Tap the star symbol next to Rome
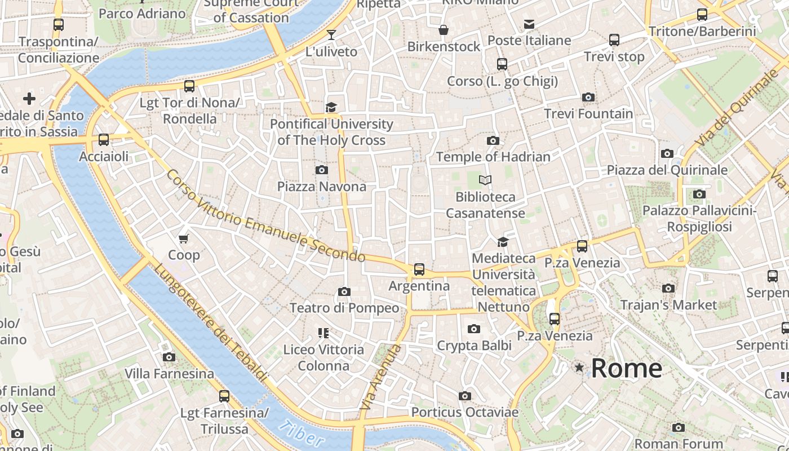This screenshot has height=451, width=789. tap(579, 368)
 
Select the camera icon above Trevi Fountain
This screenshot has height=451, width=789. tap(588, 98)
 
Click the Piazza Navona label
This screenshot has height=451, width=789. tap(321, 186)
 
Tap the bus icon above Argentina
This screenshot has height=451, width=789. tap(419, 269)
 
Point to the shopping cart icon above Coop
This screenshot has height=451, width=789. tap(183, 239)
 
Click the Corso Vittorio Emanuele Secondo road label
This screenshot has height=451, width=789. tap(265, 217)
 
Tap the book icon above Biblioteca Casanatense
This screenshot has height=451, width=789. tap(485, 180)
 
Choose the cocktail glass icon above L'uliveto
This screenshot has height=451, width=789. tap(331, 35)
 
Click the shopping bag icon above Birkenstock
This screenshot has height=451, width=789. tap(444, 30)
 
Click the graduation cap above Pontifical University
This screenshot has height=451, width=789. tap(331, 107)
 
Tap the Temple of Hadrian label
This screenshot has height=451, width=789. tap(493, 157)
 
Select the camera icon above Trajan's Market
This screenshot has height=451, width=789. tap(668, 289)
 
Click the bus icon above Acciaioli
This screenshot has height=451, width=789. tap(104, 140)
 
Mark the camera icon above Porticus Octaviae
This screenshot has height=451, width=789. tap(464, 396)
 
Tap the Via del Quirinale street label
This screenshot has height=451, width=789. tap(735, 110)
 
